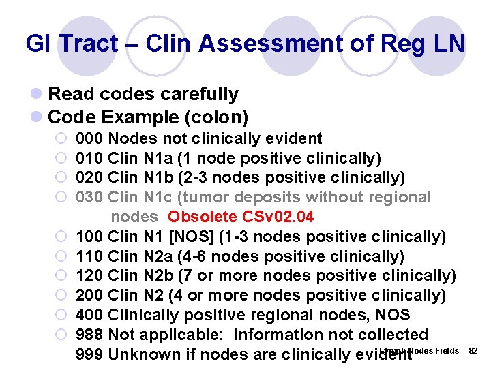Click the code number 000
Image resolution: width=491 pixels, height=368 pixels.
click(x=90, y=139)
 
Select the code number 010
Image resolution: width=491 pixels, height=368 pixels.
click(x=90, y=159)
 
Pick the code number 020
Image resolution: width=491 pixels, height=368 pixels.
click(x=90, y=178)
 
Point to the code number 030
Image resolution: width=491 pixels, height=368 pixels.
click(x=90, y=198)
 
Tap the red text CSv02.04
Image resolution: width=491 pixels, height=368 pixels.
click(x=276, y=217)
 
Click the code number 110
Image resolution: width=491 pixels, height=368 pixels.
click(x=90, y=256)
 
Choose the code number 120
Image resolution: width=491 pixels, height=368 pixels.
click(x=90, y=276)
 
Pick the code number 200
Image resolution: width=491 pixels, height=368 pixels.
click(x=90, y=296)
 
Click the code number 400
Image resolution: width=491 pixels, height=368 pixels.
click(x=90, y=316)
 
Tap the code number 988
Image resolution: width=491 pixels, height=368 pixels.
click(x=90, y=335)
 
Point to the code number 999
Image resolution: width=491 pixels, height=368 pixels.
click(x=90, y=355)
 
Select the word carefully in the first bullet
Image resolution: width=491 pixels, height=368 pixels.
click(x=198, y=94)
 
